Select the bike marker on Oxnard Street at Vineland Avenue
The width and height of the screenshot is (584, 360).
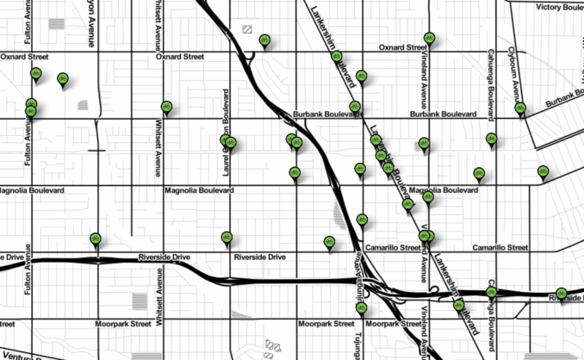tap(429, 38)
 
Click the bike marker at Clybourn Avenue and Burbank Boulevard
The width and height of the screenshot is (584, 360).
tap(520, 108)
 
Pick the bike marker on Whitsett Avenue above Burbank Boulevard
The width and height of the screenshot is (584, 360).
tap(167, 107)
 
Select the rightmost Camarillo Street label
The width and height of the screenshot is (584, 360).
tap(500, 248)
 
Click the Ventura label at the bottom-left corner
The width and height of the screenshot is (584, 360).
tap(15, 356)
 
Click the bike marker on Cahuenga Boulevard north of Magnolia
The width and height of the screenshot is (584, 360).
tap(491, 139)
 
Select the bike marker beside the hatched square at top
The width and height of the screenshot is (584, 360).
tap(265, 39)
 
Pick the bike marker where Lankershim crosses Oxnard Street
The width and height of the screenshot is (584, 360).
tap(337, 56)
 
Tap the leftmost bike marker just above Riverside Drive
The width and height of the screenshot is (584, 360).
tap(95, 238)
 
